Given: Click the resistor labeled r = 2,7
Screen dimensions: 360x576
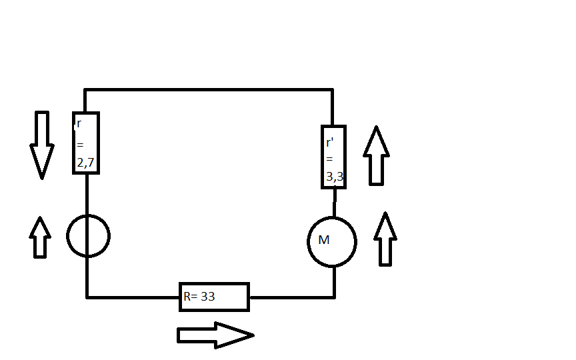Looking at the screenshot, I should pyautogui.click(x=86, y=143).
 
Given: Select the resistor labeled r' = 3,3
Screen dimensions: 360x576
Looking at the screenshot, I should pyautogui.click(x=333, y=157).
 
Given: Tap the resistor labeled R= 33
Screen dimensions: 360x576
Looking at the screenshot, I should pyautogui.click(x=214, y=297).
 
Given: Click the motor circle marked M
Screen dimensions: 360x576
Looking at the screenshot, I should pyautogui.click(x=332, y=241).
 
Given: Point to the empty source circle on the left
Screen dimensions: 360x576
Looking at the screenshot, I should pyautogui.click(x=88, y=235).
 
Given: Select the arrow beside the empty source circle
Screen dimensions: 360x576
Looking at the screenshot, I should pyautogui.click(x=41, y=237).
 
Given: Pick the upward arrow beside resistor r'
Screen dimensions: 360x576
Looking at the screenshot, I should pyautogui.click(x=376, y=155).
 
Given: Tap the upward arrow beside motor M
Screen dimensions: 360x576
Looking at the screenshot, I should pyautogui.click(x=385, y=239).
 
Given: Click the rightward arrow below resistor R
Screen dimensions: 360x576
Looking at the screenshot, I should pyautogui.click(x=215, y=335).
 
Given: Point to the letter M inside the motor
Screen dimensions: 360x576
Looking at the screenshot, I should pyautogui.click(x=324, y=240).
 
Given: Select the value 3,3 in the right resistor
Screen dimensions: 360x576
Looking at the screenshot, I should pyautogui.click(x=335, y=175).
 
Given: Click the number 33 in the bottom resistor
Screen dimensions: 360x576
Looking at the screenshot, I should pyautogui.click(x=207, y=297).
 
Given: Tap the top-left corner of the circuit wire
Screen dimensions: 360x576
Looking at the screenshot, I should pyautogui.click(x=86, y=90).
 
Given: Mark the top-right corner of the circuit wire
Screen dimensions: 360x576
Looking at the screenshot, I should pyautogui.click(x=333, y=90).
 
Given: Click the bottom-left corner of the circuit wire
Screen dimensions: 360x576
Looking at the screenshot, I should pyautogui.click(x=87, y=297).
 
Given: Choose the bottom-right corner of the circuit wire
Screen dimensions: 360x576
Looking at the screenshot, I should pyautogui.click(x=334, y=297).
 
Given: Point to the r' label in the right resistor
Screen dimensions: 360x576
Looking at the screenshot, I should pyautogui.click(x=330, y=143).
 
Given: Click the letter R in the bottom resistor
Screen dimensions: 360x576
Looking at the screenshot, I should pyautogui.click(x=187, y=297).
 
